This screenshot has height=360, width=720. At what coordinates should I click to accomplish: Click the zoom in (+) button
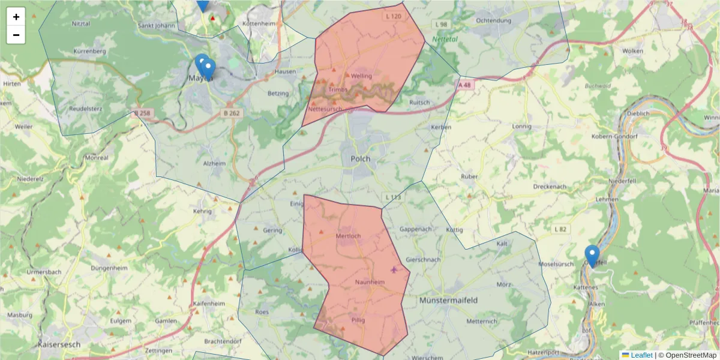pos(16,17)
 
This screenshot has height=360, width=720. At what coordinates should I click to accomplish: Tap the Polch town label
pos(360,159)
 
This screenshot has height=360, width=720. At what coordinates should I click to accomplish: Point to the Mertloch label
pos(348,236)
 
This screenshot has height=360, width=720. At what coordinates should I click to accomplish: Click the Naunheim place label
pos(370,282)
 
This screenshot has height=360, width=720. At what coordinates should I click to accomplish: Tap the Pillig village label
pos(358,320)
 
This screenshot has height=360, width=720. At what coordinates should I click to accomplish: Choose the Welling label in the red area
pos(362,76)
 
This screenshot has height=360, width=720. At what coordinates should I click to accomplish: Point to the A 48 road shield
pos(465,85)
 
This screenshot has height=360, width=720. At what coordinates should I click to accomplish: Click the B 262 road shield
pos(232,112)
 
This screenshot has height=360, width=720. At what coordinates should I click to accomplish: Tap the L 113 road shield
pos(392,197)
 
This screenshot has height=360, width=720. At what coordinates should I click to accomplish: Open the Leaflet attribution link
pos(641,355)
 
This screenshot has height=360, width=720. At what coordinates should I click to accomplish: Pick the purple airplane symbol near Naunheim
pos(394,269)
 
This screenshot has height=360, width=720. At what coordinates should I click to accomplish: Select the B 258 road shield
pos(143,113)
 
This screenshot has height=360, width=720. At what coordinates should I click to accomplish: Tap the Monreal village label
pos(97,158)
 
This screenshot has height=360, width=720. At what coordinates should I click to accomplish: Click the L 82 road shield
pos(560,229)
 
